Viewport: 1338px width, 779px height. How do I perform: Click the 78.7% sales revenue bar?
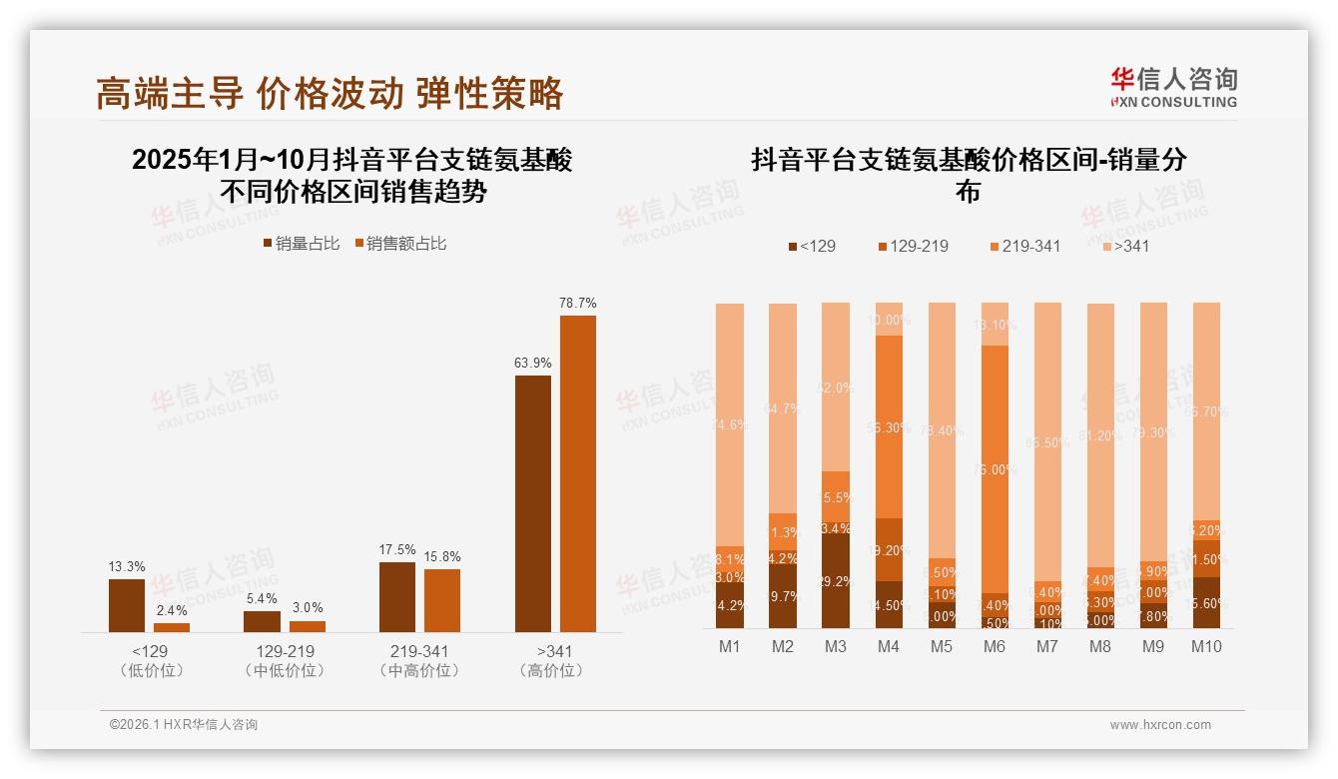point(577,473)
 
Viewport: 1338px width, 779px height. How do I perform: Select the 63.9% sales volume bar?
point(532,503)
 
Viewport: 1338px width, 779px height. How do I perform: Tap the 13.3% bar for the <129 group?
point(127,605)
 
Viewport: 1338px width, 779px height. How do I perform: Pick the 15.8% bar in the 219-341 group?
point(442,600)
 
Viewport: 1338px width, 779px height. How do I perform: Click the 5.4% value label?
point(262,599)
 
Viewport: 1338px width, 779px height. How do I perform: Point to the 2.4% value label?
point(172,611)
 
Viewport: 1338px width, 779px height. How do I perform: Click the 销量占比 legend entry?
point(302,244)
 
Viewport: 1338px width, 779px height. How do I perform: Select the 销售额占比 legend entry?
point(399,244)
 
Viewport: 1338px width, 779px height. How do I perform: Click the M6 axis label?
point(994,646)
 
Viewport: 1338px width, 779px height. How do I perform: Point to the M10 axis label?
point(1206,646)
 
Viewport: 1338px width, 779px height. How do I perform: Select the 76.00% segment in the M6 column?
point(995,469)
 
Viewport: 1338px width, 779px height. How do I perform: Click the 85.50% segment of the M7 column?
point(1047,441)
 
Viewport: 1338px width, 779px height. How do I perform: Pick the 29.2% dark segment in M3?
point(836,581)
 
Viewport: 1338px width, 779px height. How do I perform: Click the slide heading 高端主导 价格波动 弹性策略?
point(331,93)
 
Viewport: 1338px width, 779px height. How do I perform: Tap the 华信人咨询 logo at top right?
point(1173,87)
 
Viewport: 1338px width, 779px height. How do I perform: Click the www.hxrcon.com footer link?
point(1159,725)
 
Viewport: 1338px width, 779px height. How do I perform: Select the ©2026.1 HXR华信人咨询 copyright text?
point(183,725)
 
